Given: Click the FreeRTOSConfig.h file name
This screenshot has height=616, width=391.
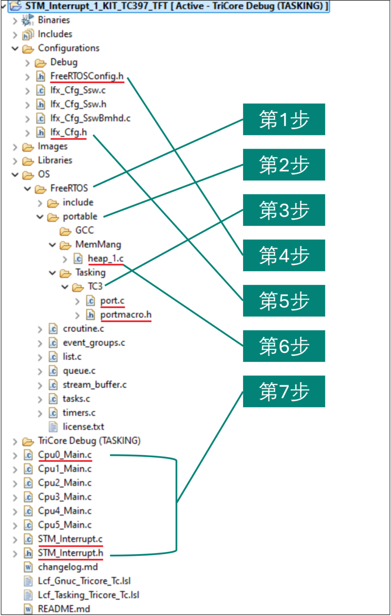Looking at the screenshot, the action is point(87,76).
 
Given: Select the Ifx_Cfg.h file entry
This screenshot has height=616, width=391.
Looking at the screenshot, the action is point(68,132).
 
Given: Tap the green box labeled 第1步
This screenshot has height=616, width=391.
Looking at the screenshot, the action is point(284,120).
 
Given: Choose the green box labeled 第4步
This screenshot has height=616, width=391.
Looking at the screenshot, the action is point(284,255).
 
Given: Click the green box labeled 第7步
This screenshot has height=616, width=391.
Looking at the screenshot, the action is point(284,391).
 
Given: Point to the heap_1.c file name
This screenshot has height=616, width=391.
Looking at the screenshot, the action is point(106,259).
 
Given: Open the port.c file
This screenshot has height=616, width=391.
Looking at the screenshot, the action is point(112,301).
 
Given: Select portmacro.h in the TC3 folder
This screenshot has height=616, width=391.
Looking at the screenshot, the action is point(126,315).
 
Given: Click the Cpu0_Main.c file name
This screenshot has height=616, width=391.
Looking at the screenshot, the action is point(65,454).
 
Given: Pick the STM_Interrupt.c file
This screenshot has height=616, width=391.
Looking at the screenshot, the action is point(70,539).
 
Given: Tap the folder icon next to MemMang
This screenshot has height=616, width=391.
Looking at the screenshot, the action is point(66,245).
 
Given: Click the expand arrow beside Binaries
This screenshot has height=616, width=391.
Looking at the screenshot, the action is point(15,21).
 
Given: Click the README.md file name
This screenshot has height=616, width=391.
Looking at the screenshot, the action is point(64,609).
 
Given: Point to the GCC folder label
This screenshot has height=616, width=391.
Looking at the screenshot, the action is point(85,230).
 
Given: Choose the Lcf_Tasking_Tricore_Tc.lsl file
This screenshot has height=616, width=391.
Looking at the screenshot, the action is point(89,595).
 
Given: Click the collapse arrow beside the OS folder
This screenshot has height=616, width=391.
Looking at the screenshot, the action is point(15,174).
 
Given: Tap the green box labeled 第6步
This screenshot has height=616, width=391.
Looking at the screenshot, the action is point(284,346).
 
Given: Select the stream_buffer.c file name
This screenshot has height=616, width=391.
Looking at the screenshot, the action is point(94,385).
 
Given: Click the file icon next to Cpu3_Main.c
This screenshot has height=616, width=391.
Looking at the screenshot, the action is point(28,497).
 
